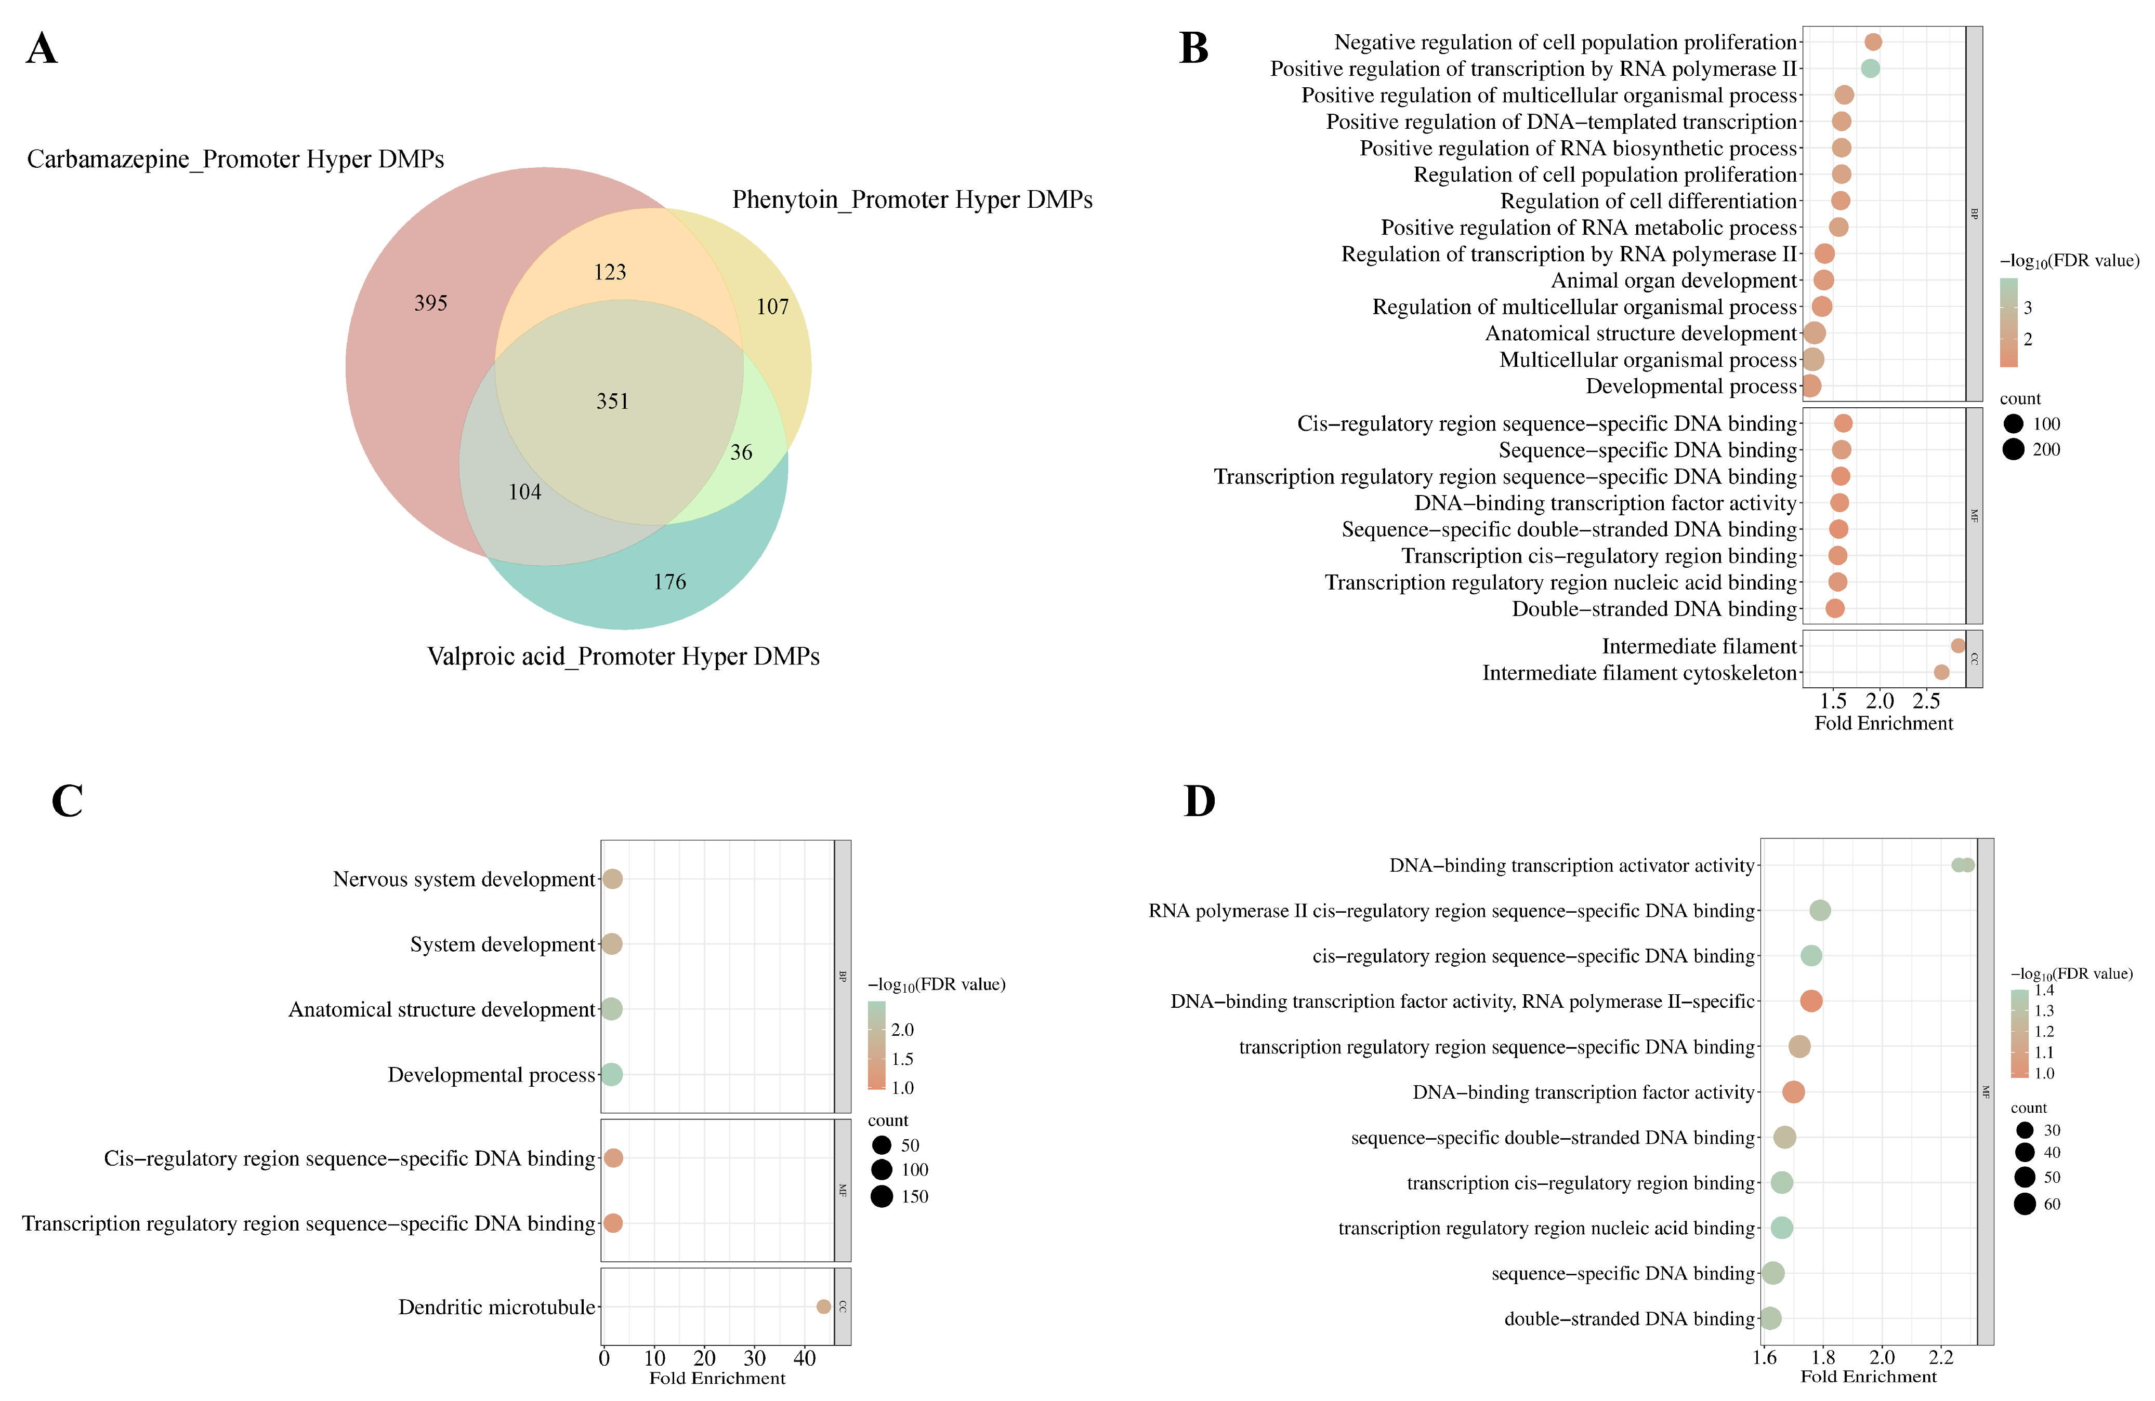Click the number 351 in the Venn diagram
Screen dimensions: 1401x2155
[x=612, y=401]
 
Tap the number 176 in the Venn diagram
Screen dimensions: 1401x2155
[x=670, y=582]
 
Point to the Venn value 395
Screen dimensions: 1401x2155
[x=431, y=303]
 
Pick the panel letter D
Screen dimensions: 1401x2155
[x=1200, y=801]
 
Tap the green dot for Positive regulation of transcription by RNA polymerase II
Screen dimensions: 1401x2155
[x=1870, y=69]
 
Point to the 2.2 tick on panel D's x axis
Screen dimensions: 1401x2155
[x=1940, y=1357]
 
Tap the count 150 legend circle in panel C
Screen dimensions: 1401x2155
[x=881, y=1196]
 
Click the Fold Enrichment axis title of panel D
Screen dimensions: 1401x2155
[x=1868, y=1377]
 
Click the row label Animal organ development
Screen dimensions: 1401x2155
[x=1673, y=281]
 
